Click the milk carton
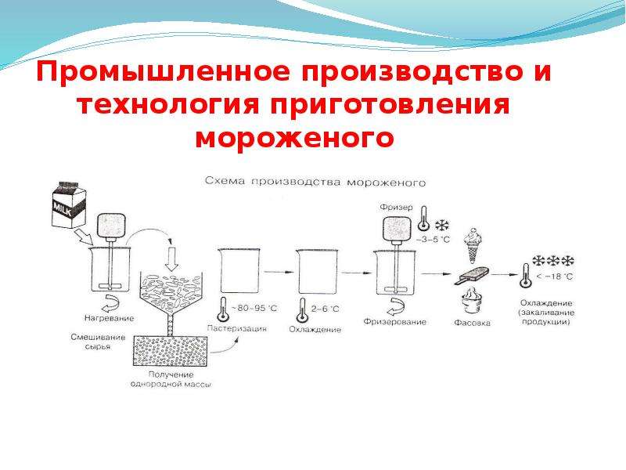(69, 204)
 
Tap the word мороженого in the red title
(295, 138)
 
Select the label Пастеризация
(237, 328)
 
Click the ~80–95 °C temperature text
(254, 308)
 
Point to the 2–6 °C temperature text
(325, 309)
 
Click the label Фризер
(396, 207)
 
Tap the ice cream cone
(473, 245)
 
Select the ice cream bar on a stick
(472, 275)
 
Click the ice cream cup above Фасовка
(472, 302)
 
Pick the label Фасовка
(472, 323)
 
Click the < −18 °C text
(555, 277)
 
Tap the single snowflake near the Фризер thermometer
(441, 226)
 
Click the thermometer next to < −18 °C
(525, 276)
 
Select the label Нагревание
(109, 318)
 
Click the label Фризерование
(394, 321)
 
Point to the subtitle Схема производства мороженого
(315, 182)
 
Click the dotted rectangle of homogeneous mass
(170, 350)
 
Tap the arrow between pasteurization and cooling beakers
(279, 272)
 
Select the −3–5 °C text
(433, 240)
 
